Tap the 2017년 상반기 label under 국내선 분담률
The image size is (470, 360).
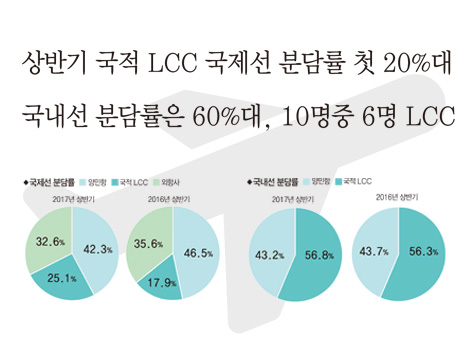(x=294, y=200)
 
